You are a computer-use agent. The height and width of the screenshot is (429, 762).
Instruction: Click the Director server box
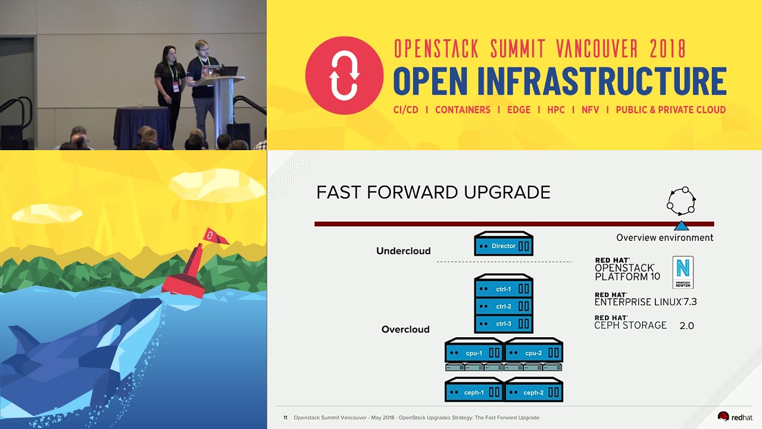tap(504, 244)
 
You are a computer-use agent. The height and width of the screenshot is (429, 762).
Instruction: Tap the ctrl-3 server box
tap(504, 324)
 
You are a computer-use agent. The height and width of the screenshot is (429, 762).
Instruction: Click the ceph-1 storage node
tap(474, 390)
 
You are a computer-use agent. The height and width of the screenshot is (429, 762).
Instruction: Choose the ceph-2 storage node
tap(533, 390)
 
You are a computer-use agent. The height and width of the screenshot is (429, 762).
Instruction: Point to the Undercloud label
tap(404, 251)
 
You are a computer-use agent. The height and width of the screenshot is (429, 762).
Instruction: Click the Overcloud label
tap(405, 329)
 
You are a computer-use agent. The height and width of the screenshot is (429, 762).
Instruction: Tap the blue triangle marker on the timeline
tap(681, 226)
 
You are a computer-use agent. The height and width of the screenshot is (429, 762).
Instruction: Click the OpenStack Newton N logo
tap(683, 272)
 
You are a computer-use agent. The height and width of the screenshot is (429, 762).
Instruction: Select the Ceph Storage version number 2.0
tap(686, 326)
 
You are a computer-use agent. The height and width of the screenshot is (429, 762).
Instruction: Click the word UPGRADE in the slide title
tap(507, 192)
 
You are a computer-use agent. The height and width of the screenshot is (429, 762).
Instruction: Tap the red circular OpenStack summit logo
tap(344, 76)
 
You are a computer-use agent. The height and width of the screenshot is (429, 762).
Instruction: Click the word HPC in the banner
tap(556, 110)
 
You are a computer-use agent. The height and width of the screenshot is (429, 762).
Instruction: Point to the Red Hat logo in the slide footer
tap(735, 416)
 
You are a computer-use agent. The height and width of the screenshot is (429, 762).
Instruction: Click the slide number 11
tap(285, 418)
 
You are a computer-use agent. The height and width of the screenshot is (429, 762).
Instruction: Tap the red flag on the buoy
tap(214, 236)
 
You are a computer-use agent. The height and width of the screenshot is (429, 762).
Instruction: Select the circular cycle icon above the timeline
tap(681, 201)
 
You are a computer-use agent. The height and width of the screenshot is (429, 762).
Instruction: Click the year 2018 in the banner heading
tap(667, 48)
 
